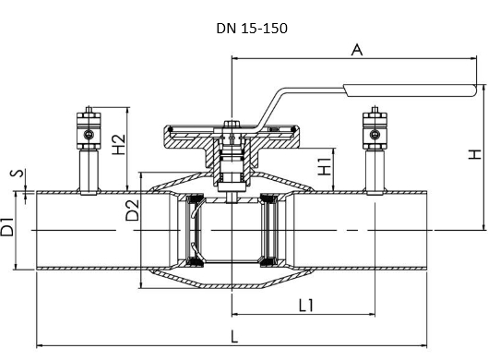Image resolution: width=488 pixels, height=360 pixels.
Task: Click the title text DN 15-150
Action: [252, 29]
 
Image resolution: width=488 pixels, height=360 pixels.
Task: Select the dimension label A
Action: [357, 50]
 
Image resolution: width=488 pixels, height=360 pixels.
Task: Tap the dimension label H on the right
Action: [475, 154]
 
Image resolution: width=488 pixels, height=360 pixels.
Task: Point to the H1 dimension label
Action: [324, 166]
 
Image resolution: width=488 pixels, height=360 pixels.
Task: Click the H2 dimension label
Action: [119, 144]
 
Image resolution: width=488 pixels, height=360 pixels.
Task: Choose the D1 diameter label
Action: [7, 227]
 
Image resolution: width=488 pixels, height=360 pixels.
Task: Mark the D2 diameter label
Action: [132, 210]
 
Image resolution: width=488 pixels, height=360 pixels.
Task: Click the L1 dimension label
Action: [306, 306]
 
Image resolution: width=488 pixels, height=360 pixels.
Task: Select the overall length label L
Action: [234, 337]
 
